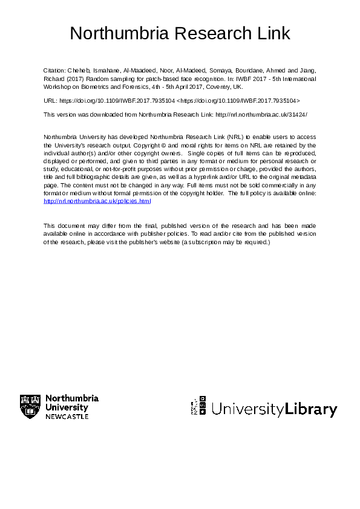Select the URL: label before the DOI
point(51,100)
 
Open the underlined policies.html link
point(97,201)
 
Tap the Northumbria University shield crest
point(30,407)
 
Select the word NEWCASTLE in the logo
point(67,417)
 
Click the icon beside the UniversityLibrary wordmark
point(199,406)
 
